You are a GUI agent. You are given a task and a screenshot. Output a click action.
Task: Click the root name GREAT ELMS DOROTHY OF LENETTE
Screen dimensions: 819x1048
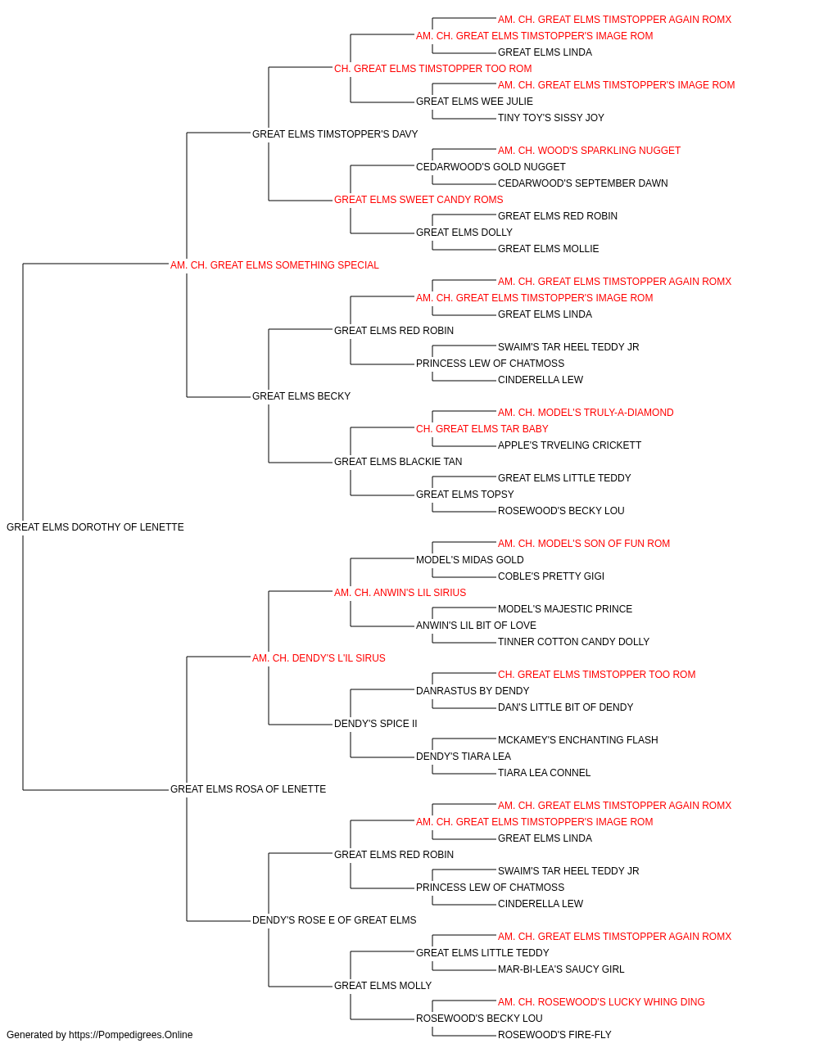[95, 527]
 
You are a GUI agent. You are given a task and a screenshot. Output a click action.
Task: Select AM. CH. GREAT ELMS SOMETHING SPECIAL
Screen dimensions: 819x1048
[274, 265]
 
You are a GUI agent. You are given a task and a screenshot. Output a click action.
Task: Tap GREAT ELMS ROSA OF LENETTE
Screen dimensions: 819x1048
[248, 789]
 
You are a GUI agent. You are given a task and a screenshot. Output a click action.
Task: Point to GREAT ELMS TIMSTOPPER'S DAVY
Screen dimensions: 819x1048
[335, 134]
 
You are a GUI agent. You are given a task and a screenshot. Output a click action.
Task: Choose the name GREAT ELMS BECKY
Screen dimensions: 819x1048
[301, 396]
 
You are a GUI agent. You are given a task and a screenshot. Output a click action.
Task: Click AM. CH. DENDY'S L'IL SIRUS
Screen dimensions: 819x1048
[319, 658]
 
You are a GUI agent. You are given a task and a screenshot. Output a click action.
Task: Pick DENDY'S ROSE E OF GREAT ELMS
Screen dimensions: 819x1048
[334, 920]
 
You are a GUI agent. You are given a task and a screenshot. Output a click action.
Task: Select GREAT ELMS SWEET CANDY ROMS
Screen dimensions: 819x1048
[419, 200]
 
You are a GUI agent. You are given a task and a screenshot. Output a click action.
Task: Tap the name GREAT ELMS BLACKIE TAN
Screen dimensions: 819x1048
[398, 462]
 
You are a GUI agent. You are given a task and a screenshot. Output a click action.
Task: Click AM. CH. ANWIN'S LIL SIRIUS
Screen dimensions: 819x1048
[400, 593]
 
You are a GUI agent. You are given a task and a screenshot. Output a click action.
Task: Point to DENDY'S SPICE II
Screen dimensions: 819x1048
[375, 724]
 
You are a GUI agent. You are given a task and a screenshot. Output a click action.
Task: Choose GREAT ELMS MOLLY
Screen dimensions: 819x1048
[382, 986]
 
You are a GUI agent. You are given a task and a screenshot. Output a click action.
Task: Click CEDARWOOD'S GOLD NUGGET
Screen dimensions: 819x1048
[491, 167]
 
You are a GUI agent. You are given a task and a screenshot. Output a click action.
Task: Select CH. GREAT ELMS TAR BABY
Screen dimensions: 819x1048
[482, 429]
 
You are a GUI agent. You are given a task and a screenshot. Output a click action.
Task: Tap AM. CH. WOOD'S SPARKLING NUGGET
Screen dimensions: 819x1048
[589, 151]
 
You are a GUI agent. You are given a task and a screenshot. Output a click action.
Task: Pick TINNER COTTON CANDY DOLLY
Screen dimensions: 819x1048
[573, 642]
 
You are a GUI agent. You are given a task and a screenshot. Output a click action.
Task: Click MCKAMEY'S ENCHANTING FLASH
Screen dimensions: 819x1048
[578, 740]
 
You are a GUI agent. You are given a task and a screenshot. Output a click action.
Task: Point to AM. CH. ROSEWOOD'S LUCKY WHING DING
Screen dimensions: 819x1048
[601, 1002]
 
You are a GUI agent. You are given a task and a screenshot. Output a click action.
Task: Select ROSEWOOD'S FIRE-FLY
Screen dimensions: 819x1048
[554, 1035]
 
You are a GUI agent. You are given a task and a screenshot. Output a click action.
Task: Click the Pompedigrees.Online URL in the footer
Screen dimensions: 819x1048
[130, 1035]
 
